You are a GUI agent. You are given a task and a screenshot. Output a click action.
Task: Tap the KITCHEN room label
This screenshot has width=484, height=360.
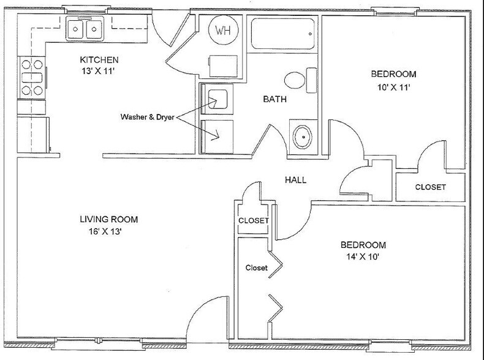click(x=99, y=59)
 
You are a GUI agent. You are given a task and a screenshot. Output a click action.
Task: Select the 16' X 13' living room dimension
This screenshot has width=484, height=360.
click(x=105, y=231)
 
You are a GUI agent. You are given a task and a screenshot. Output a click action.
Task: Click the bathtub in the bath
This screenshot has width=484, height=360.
click(x=283, y=34)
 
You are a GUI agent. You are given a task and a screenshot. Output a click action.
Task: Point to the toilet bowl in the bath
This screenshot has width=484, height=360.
click(x=295, y=80)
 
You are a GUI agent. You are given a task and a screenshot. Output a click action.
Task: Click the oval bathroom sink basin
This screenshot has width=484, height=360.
click(x=302, y=137)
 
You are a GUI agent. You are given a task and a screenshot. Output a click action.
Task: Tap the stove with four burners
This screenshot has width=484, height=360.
click(x=32, y=77)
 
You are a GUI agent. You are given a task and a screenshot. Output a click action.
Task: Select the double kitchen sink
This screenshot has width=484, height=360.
click(x=85, y=29)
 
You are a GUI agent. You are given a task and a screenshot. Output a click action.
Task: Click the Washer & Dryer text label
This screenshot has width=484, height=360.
click(x=147, y=117)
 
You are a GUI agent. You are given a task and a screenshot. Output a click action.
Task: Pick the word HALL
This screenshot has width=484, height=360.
click(x=295, y=180)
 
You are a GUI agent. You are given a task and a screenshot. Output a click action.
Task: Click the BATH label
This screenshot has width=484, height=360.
click(x=274, y=99)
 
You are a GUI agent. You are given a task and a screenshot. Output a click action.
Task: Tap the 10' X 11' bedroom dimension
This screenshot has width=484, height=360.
click(x=393, y=88)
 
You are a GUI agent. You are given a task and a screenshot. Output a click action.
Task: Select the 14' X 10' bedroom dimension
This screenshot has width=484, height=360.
click(x=363, y=257)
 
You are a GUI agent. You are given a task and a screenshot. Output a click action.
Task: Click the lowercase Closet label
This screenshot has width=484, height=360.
click(x=257, y=268)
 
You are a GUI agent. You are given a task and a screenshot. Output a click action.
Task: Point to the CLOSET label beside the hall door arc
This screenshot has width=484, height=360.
click(x=254, y=220)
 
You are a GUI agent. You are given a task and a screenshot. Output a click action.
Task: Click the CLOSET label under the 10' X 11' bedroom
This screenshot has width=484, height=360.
click(x=430, y=187)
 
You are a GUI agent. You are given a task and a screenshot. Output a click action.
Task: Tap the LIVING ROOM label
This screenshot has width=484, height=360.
click(x=108, y=219)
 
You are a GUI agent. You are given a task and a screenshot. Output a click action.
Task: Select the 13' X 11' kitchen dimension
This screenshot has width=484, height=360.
click(x=98, y=71)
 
